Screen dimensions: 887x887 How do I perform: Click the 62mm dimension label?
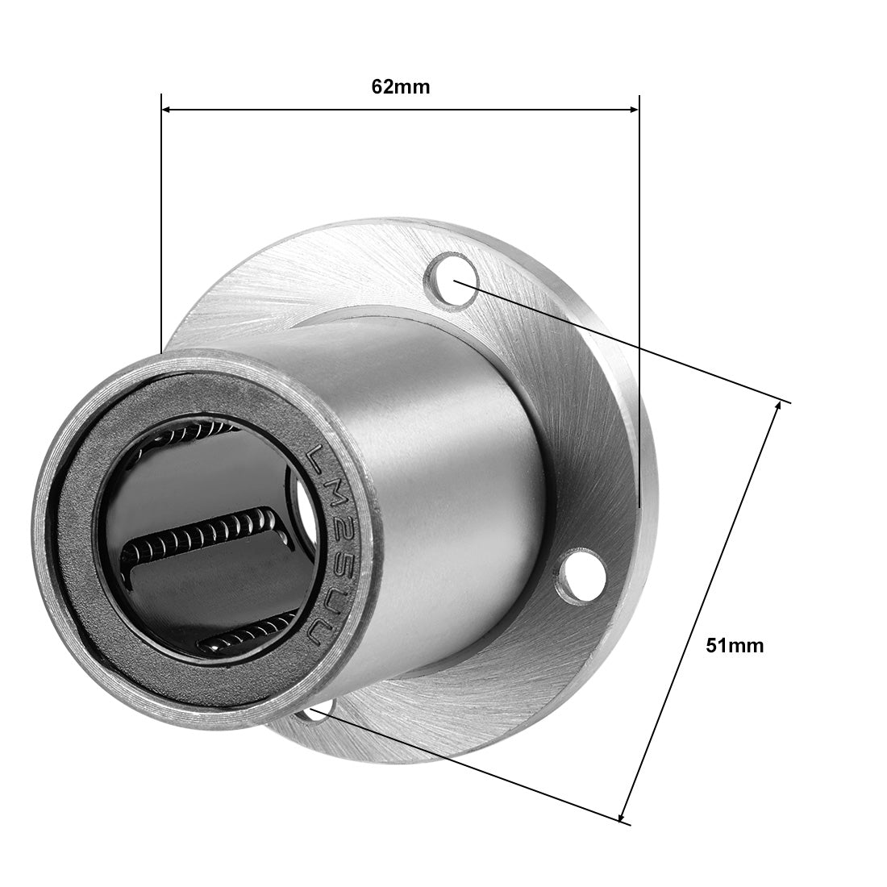pyautogui.click(x=401, y=87)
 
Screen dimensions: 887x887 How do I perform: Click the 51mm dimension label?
pyautogui.click(x=734, y=645)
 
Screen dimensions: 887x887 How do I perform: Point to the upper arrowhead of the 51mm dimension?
pyautogui.click(x=776, y=408)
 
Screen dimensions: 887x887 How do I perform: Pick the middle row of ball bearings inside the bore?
pyautogui.click(x=202, y=539)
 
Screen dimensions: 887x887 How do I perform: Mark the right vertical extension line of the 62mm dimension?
pyautogui.click(x=639, y=306)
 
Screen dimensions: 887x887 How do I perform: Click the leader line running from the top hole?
pyautogui.click(x=621, y=340)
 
